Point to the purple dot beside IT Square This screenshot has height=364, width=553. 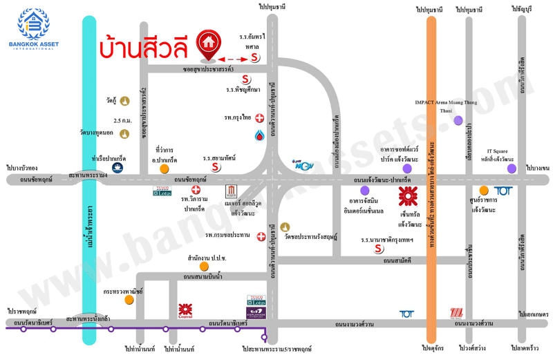pos(511,168)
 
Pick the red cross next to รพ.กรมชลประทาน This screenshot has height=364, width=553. pos(261,237)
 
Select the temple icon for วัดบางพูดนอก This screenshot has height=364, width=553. pos(125,133)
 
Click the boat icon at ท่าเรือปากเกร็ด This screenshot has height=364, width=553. pos(118,168)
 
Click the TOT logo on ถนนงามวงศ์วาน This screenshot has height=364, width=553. pos(407,314)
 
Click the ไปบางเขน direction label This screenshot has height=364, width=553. pos(536,169)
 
